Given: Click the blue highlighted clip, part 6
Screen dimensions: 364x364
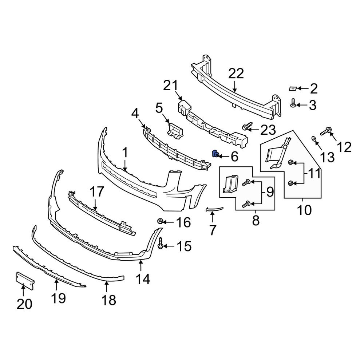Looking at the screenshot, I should click(215, 154).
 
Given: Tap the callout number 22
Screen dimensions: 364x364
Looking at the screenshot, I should click(236, 74).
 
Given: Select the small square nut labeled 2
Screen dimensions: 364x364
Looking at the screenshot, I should click(293, 88).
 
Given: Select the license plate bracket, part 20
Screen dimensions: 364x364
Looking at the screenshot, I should click(24, 280).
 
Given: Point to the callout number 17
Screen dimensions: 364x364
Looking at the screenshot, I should click(96, 192).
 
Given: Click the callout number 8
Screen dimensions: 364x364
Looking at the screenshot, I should click(256, 220).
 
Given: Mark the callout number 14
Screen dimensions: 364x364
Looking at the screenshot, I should click(143, 279).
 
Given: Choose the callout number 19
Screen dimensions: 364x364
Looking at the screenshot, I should click(59, 298).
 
